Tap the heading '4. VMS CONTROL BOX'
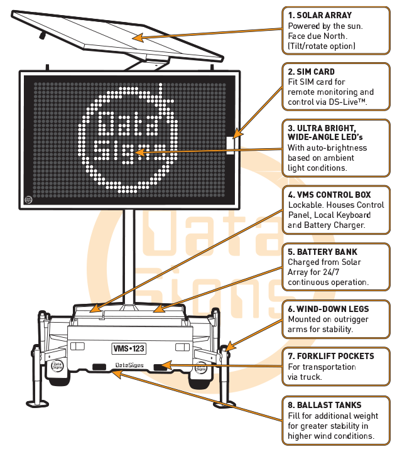[330, 195]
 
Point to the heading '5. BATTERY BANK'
[322, 252]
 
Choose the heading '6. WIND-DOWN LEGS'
[329, 309]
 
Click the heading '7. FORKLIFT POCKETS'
[331, 356]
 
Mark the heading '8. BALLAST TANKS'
[325, 406]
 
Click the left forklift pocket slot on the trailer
[99, 366]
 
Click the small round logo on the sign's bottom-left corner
[29, 200]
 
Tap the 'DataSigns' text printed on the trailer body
[129, 365]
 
